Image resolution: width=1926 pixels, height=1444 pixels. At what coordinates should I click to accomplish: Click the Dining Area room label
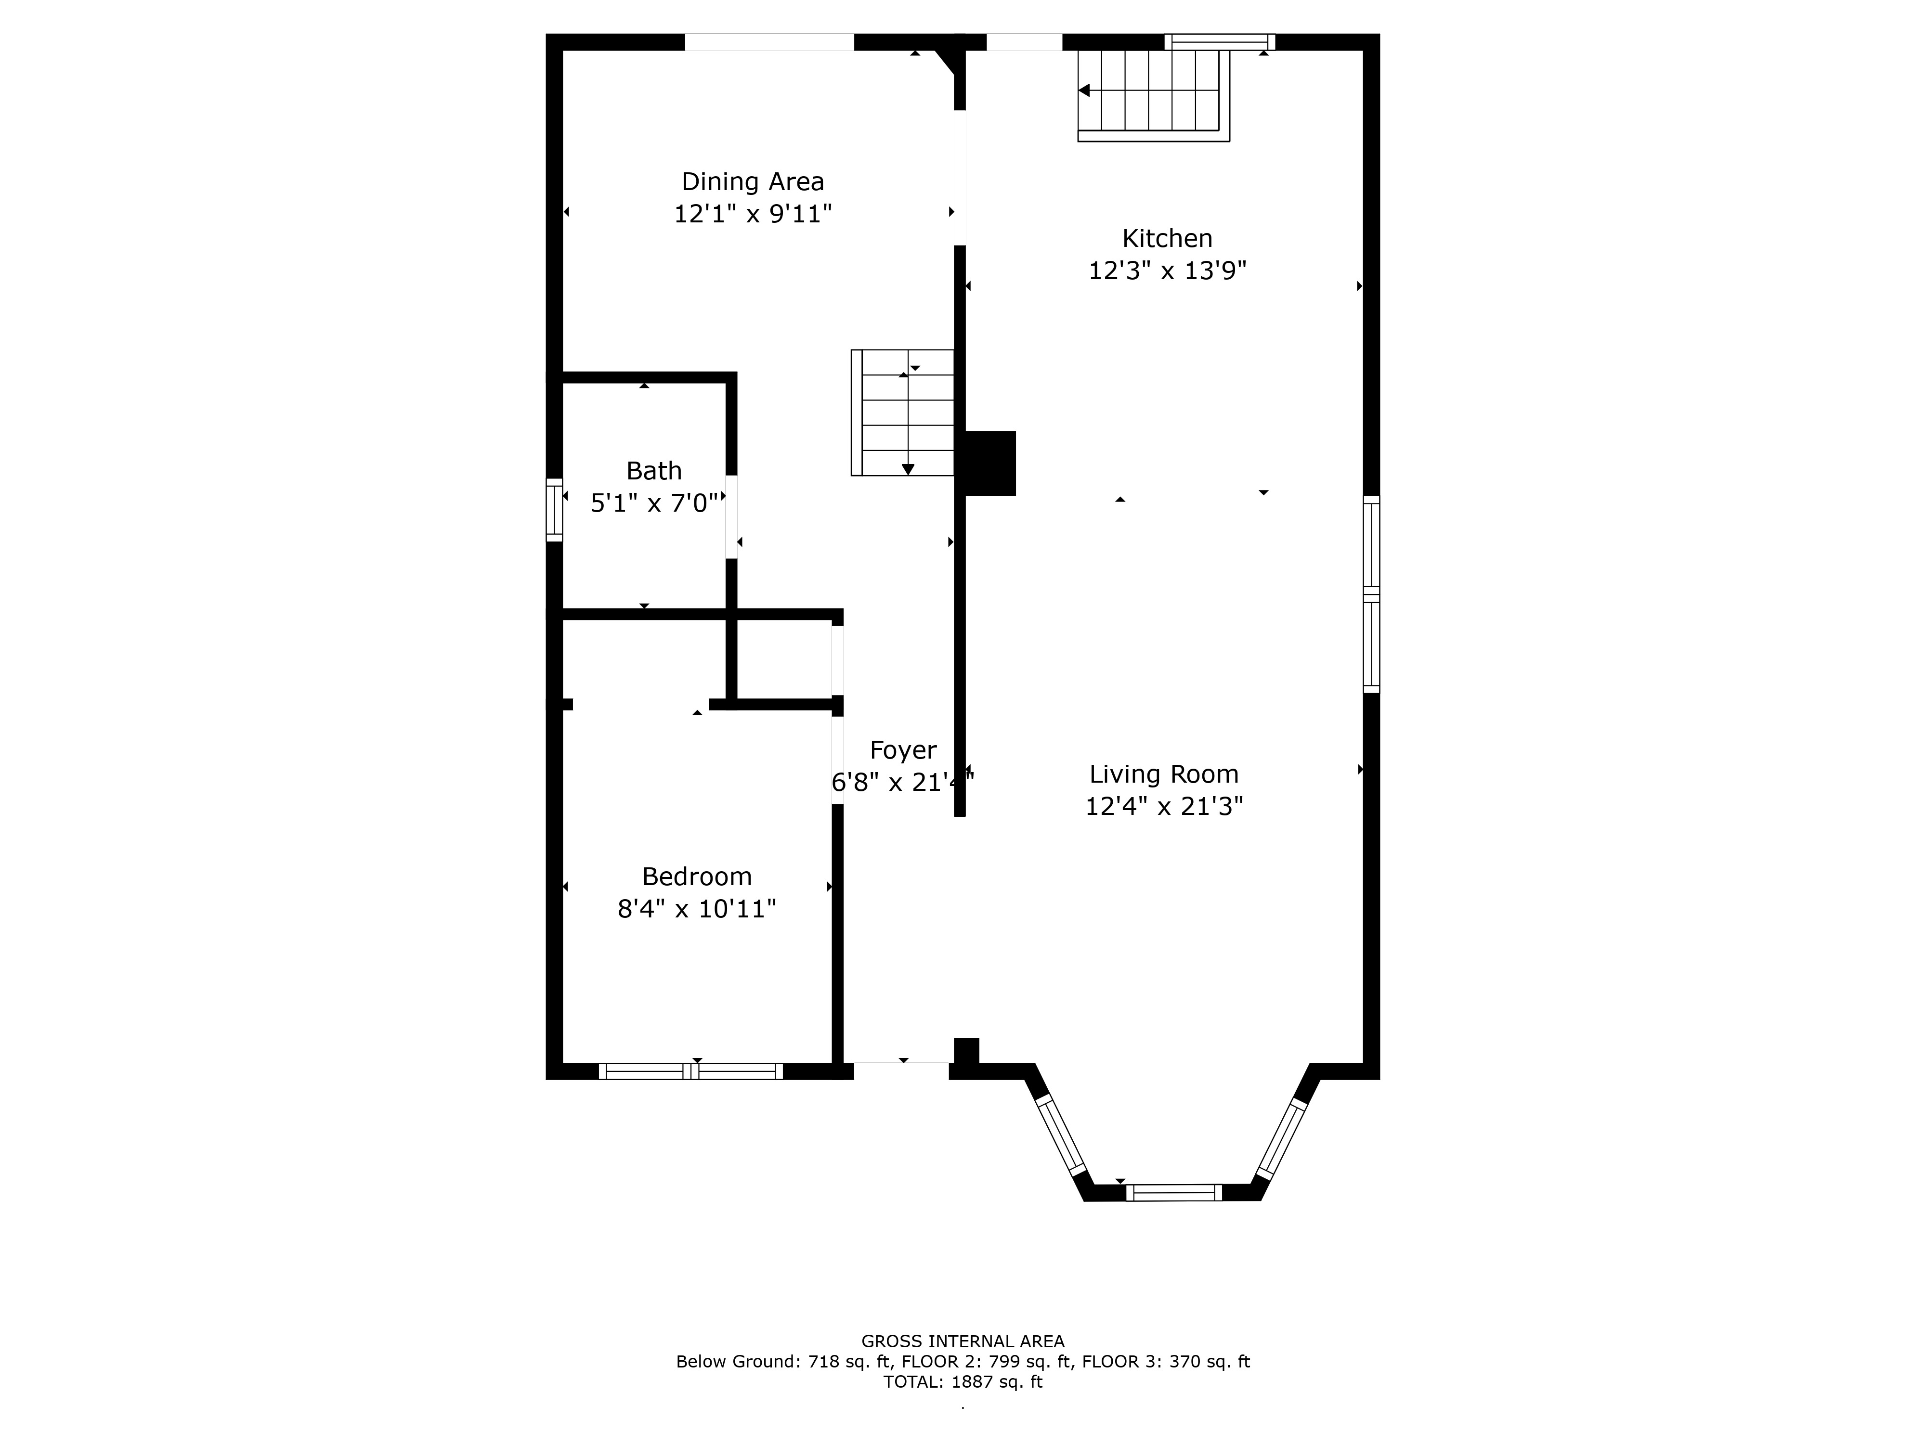click(752, 182)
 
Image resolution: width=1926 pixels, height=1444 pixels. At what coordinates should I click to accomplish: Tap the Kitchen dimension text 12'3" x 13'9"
click(1167, 271)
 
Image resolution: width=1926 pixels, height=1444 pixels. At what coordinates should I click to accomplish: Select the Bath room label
click(654, 471)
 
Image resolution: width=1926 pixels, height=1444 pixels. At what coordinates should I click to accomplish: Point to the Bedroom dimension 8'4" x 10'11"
click(697, 909)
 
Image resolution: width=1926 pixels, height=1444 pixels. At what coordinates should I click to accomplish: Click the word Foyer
click(903, 750)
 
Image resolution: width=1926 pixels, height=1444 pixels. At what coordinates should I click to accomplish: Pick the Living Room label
click(1164, 774)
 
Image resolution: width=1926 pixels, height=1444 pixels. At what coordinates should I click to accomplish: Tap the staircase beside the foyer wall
click(903, 413)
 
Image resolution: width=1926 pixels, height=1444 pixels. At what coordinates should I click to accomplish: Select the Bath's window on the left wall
click(554, 510)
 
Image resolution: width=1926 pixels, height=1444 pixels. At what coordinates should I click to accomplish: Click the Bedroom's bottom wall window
click(690, 1071)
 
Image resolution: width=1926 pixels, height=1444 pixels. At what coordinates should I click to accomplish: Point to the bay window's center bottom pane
click(1174, 1192)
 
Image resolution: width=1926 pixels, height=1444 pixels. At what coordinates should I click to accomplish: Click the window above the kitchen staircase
click(1220, 42)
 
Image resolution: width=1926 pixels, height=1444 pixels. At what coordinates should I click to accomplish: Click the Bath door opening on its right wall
click(731, 517)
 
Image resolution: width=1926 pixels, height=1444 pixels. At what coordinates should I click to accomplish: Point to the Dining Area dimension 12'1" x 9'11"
click(752, 214)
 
